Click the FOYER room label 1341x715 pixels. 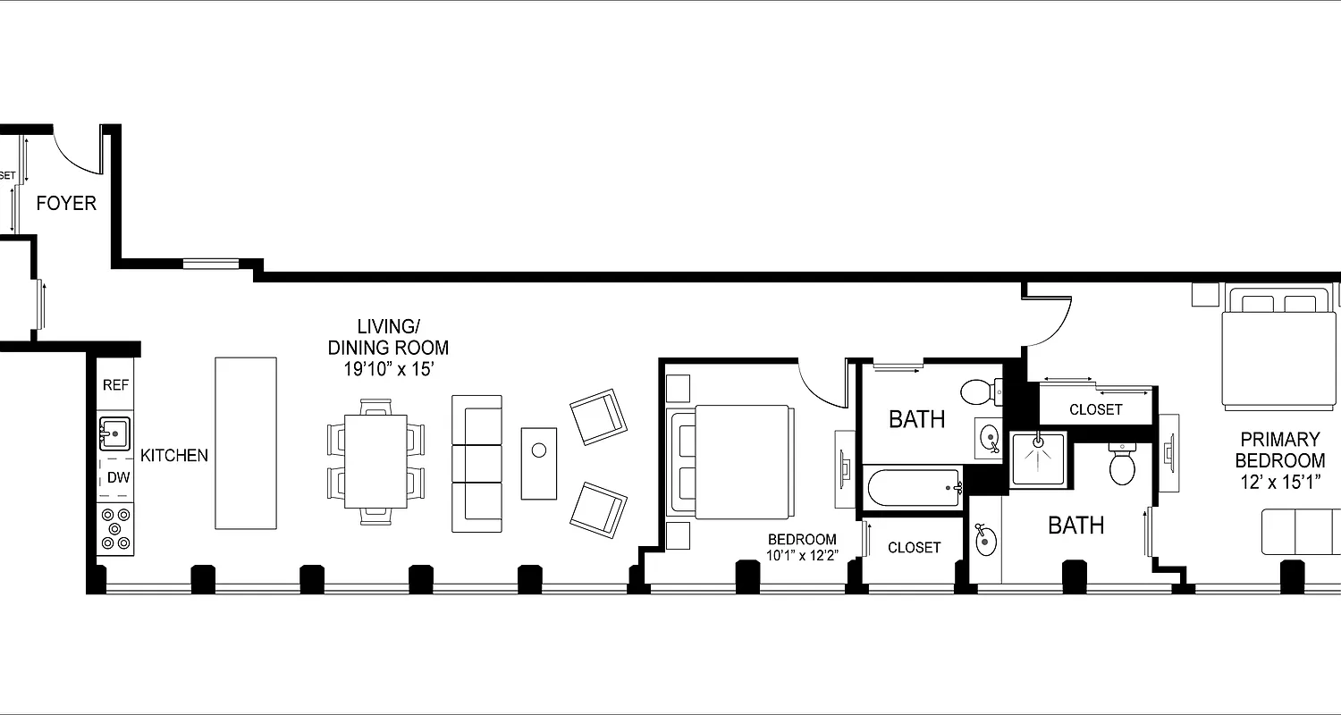point(66,204)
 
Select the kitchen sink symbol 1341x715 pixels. point(114,434)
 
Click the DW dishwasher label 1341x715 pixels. point(118,477)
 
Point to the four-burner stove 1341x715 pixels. point(115,528)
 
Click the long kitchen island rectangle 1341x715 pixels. point(245,443)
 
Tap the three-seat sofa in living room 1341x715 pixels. point(477,464)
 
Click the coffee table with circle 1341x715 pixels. point(539,463)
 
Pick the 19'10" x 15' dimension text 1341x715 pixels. point(388,368)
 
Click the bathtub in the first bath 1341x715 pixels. point(913,488)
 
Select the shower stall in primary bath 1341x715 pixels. point(1038,459)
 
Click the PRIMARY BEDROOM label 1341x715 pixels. point(1279,450)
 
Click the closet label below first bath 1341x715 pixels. point(914,547)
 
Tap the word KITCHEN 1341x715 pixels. point(174,455)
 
